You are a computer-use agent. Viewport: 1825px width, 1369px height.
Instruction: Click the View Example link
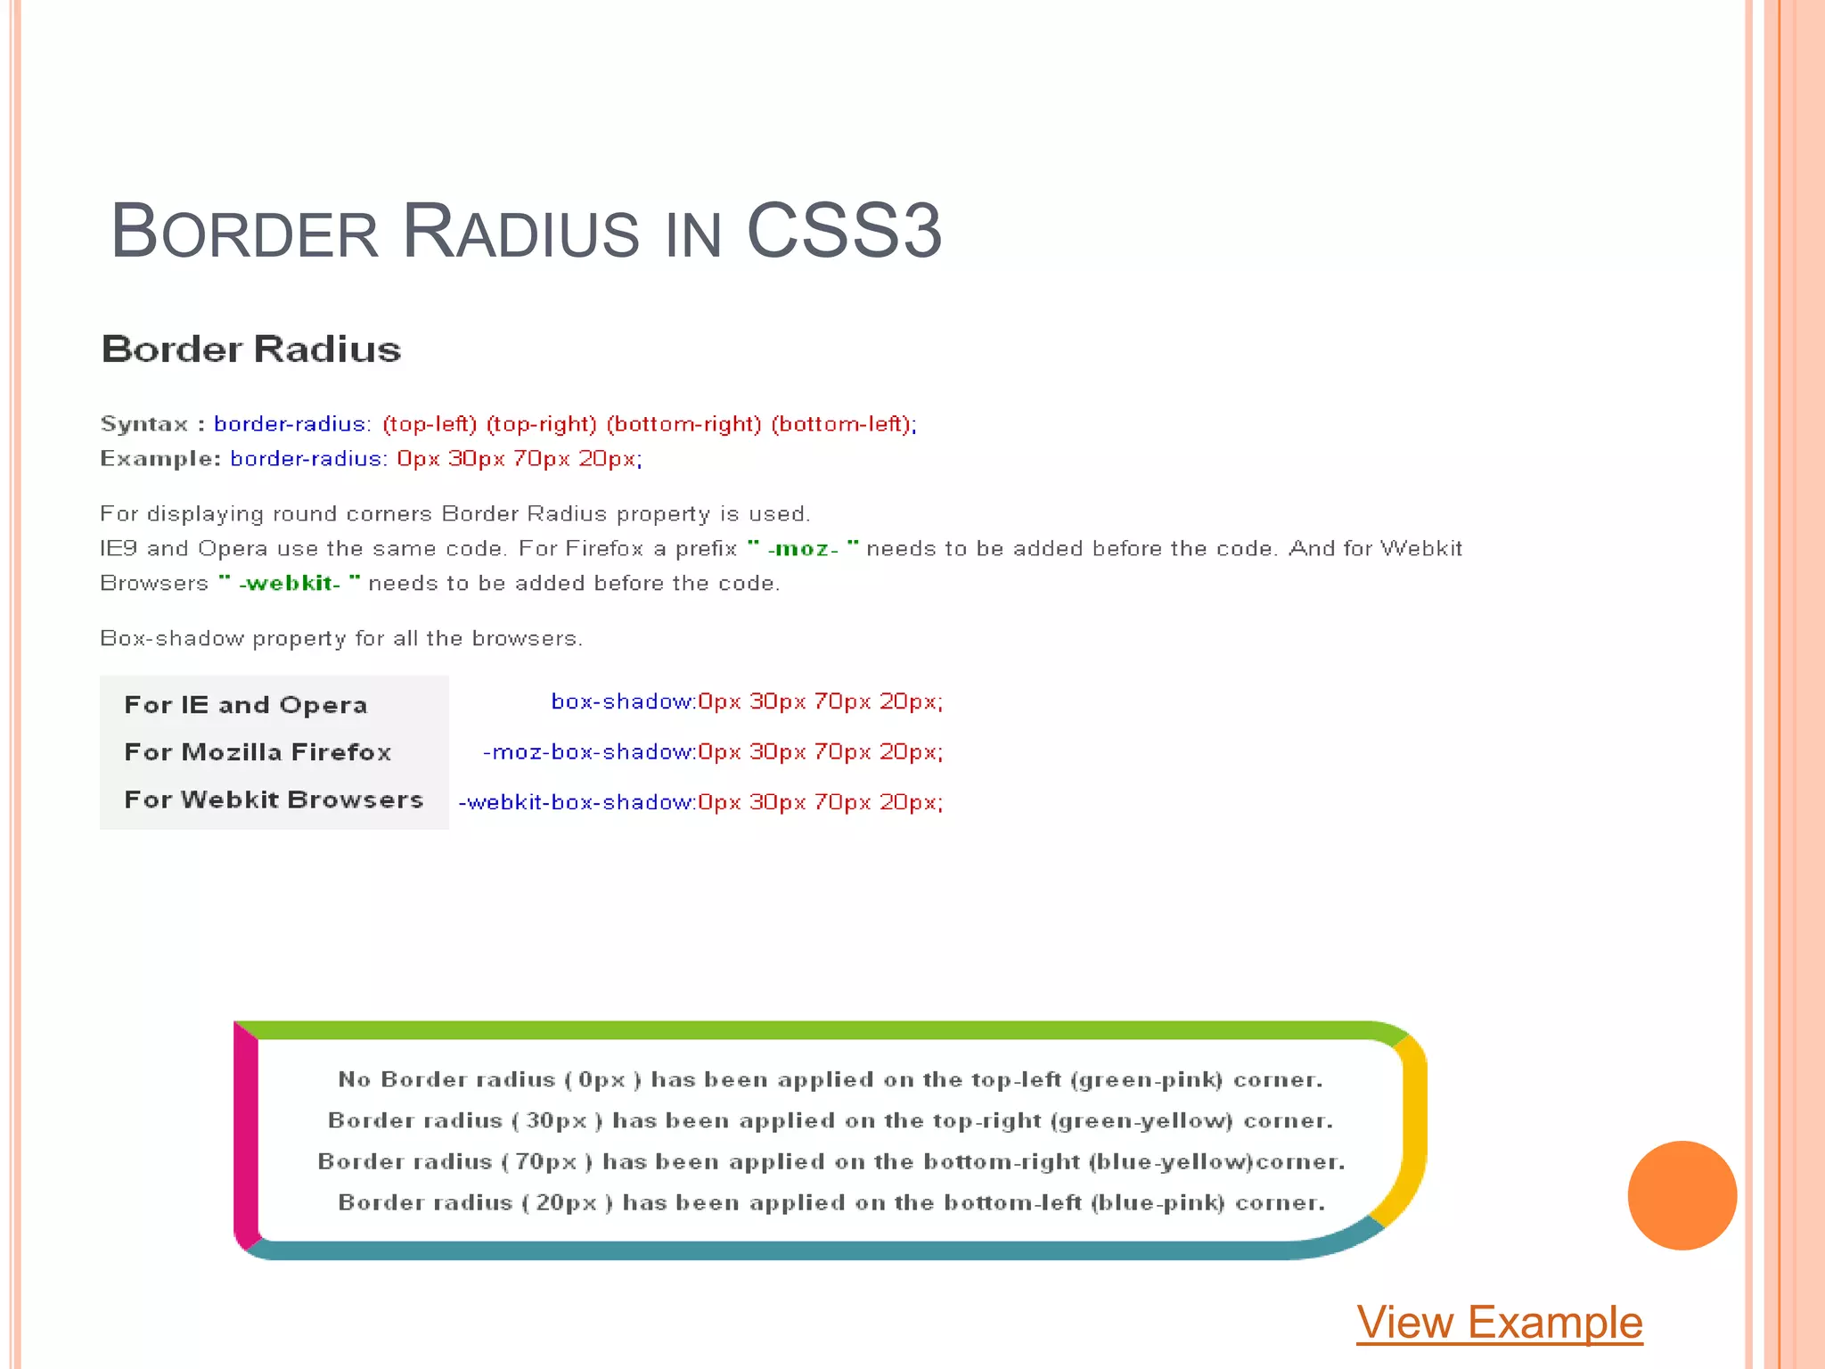pos(1499,1322)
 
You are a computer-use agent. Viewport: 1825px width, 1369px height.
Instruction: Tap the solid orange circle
pos(1682,1195)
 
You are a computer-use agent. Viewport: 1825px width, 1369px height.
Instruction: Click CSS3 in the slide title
pos(843,232)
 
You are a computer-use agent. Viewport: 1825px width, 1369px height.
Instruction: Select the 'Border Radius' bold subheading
pos(251,349)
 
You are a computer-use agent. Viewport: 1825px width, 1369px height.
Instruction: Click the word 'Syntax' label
pos(144,424)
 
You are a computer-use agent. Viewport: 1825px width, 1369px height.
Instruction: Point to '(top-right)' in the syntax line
pos(541,424)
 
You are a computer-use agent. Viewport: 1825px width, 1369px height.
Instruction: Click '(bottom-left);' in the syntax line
pos(843,424)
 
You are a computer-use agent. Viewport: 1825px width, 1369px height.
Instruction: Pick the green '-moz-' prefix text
pos(803,549)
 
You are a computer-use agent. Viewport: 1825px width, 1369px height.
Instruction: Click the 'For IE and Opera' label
pos(246,705)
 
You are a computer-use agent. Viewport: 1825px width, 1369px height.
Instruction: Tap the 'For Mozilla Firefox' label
pos(258,752)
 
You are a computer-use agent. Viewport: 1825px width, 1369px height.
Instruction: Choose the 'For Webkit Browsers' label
pos(274,799)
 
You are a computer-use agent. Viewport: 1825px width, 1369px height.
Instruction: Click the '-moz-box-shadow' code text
pos(588,752)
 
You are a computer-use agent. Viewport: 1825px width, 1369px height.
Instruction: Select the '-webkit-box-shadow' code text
pos(576,802)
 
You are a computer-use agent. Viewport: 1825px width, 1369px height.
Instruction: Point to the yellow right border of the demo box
pos(1413,1132)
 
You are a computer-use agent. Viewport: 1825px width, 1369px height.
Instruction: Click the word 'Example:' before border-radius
pos(160,459)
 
